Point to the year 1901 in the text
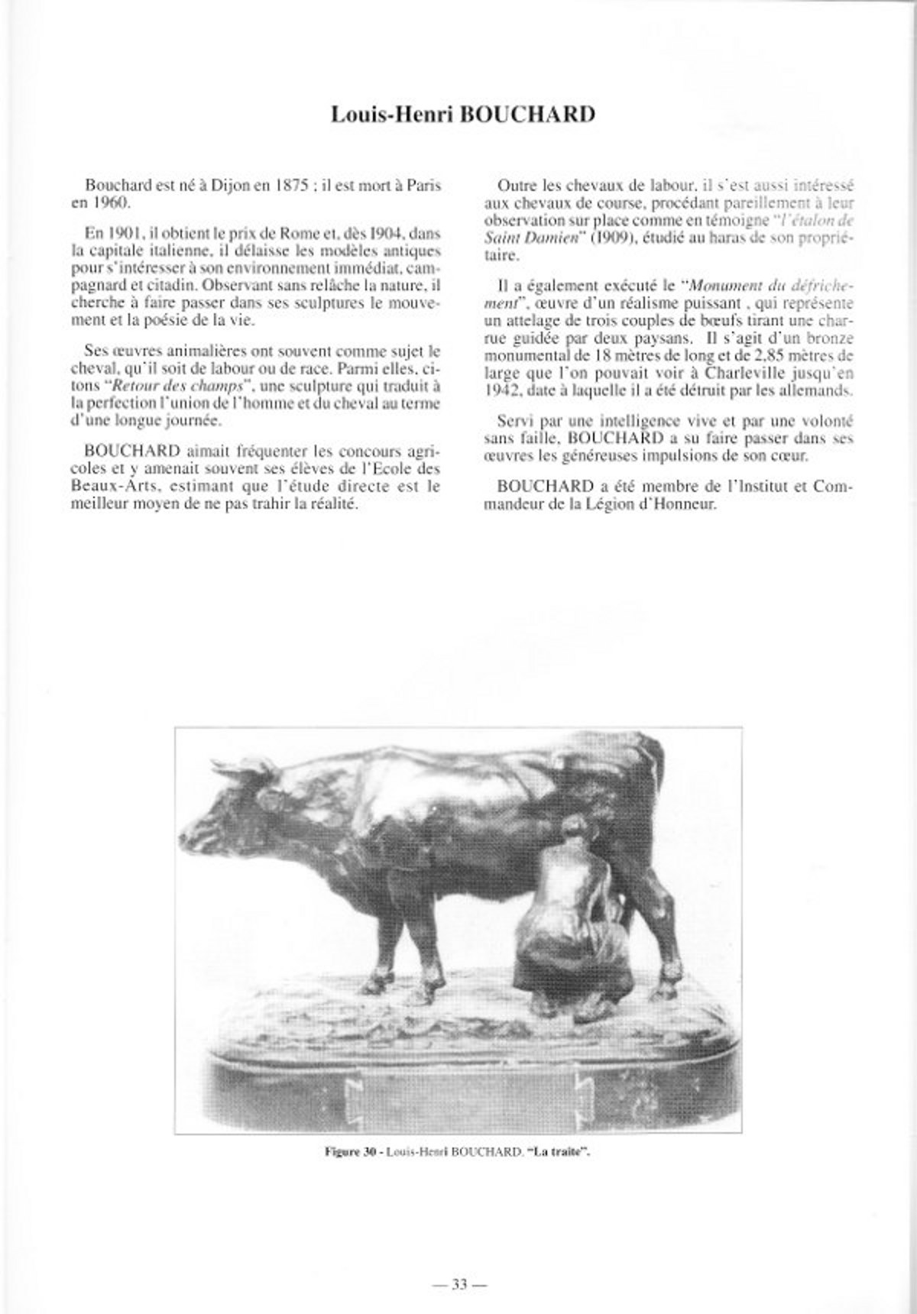click(123, 231)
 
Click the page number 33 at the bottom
click(458, 1220)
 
